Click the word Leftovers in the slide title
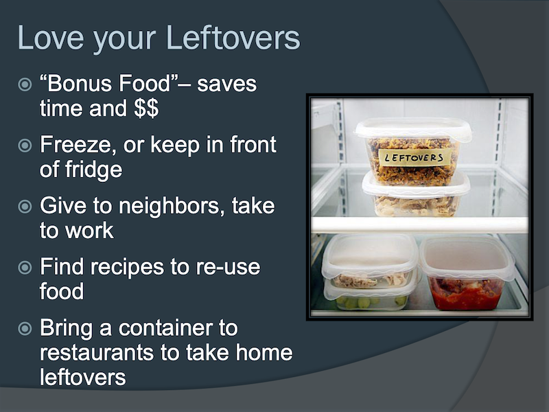233,38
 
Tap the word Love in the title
51,38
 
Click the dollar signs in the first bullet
146,108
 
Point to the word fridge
93,170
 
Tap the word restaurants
97,353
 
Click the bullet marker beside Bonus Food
25,84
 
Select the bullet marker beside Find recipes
25,268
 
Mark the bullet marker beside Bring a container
25,329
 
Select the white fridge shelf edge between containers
419,225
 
